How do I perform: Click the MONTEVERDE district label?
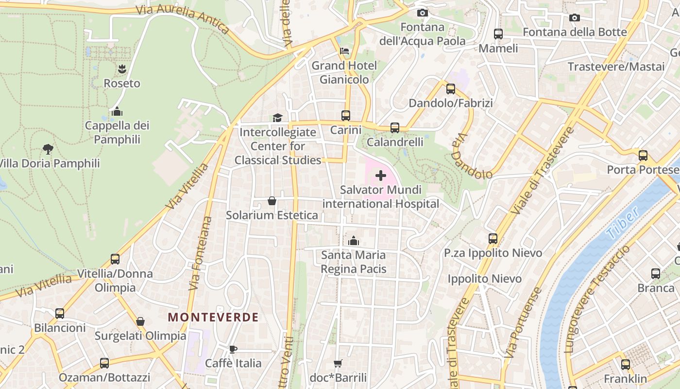213,318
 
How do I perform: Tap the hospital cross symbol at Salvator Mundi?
381,176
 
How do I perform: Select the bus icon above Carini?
346,116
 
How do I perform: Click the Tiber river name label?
623,223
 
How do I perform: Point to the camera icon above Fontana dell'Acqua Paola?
423,13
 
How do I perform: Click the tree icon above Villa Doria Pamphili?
48,149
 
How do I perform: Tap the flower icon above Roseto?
121,69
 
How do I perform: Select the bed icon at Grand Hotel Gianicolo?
344,51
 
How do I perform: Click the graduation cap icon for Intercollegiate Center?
277,118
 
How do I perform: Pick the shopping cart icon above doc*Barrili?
338,363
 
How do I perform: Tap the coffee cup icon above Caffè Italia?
233,349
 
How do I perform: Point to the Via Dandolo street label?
471,157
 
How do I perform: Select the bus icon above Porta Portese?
643,156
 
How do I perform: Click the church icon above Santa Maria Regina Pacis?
354,241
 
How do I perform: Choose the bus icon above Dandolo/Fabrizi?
451,89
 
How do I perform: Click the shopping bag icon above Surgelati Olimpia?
140,321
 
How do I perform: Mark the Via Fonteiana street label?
201,253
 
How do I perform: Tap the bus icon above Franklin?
626,364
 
